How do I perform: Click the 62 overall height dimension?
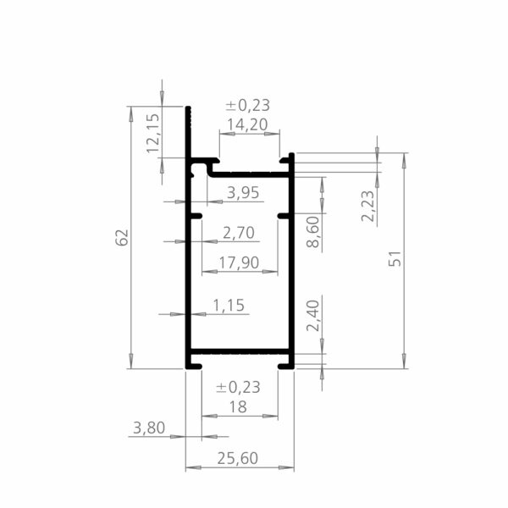[122, 237]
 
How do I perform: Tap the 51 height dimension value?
[395, 258]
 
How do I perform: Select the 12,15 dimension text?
[153, 133]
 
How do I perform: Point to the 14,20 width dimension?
[247, 124]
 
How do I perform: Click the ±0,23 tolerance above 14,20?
[248, 105]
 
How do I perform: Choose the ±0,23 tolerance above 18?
[238, 387]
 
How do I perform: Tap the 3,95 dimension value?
[243, 193]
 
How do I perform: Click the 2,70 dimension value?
[239, 233]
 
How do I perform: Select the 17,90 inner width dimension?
[239, 262]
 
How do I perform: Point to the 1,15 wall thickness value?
[229, 305]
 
